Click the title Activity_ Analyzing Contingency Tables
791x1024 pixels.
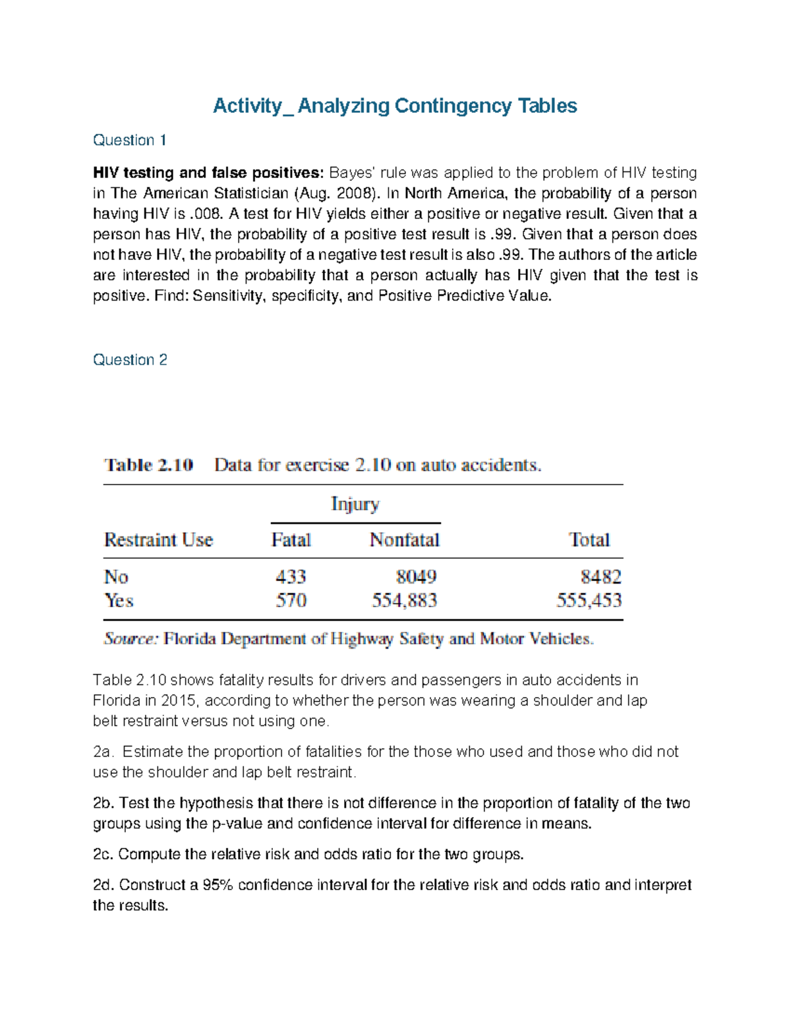pyautogui.click(x=394, y=105)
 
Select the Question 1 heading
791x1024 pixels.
pyautogui.click(x=129, y=140)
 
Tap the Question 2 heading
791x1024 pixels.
pyautogui.click(x=130, y=359)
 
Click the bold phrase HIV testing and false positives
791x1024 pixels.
pyautogui.click(x=208, y=173)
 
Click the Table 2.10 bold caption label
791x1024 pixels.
pyautogui.click(x=148, y=465)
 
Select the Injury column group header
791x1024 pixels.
pyautogui.click(x=355, y=504)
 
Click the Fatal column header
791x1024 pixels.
pyautogui.click(x=291, y=540)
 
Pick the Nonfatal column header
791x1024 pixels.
pyautogui.click(x=404, y=540)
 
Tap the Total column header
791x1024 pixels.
pyautogui.click(x=589, y=540)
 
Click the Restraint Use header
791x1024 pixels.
pyautogui.click(x=158, y=540)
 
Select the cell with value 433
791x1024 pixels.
pyautogui.click(x=291, y=577)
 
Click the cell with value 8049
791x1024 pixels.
pyautogui.click(x=416, y=577)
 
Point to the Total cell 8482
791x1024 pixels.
pyautogui.click(x=601, y=577)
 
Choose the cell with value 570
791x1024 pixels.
pyautogui.click(x=291, y=601)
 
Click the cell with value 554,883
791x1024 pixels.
pyautogui.click(x=404, y=601)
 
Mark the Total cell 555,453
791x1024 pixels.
pyautogui.click(x=589, y=601)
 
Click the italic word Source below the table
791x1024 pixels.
pyautogui.click(x=131, y=639)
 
